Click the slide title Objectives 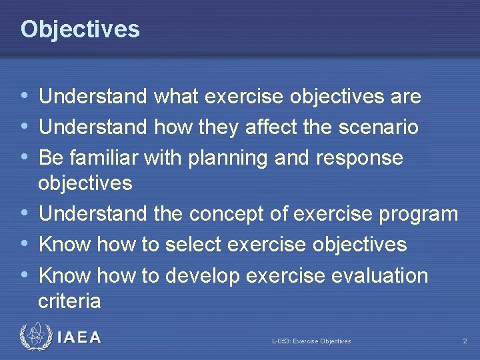coord(80,29)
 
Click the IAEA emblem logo coord(35,337)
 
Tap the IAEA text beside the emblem coord(79,338)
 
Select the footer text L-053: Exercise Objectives coord(311,341)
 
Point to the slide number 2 coord(465,341)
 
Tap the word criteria coord(69,301)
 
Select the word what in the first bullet coord(177,97)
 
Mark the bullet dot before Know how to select coord(25,244)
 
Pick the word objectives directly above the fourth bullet coord(85,183)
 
